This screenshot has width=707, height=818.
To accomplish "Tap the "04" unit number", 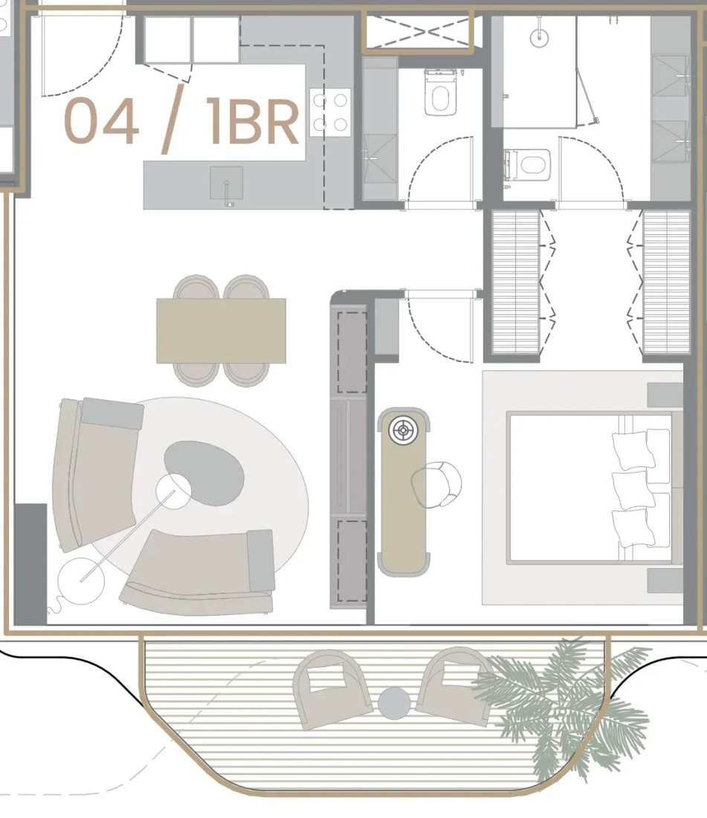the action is pos(102,121).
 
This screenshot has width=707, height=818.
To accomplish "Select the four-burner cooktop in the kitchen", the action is pos(330,112).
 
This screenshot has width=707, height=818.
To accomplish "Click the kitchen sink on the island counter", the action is pos(226,184).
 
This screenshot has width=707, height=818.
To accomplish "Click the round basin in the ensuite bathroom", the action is pos(539,36).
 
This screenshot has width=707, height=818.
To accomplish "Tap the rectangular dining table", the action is pos(221,331).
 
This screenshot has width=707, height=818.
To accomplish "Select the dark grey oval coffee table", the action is pos(204,473).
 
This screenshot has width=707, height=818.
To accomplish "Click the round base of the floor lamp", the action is pos(81,580).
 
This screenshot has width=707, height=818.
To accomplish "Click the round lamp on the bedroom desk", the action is pos(402,431).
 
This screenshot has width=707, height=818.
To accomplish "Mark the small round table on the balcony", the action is pos(395,703).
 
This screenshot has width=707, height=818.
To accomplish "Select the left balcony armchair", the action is pos(332,689).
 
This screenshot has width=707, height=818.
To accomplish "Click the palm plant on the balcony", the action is pos(563,709).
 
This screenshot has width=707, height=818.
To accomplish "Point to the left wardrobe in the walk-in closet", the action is pos(516,282).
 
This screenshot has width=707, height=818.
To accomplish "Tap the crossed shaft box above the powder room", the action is pos(418,32).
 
